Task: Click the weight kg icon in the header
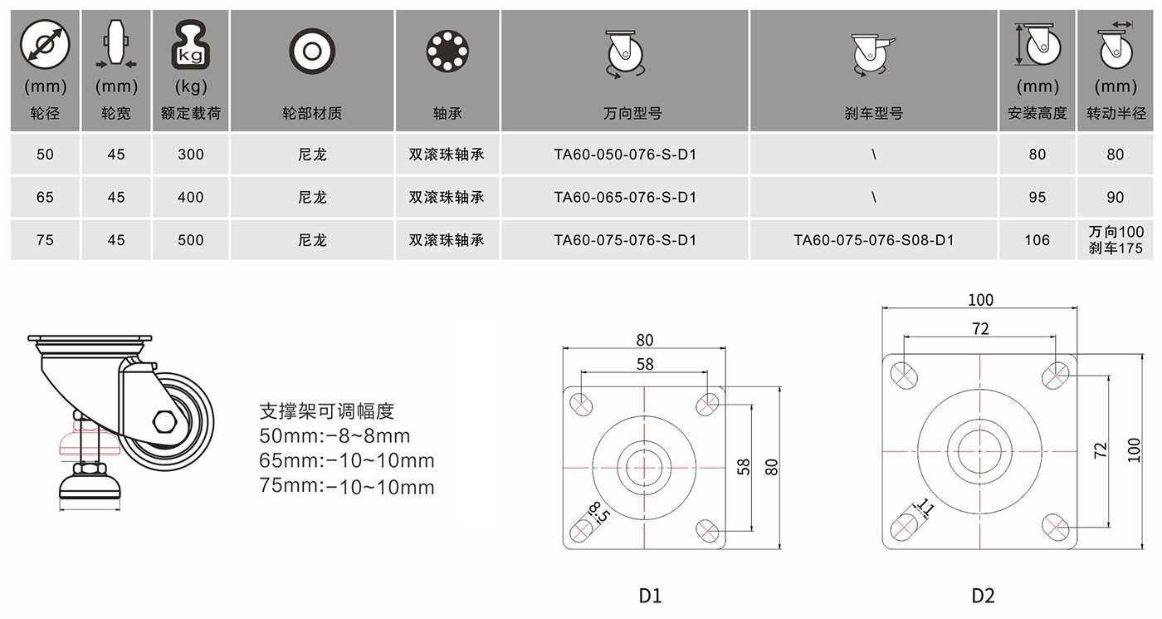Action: coord(190,45)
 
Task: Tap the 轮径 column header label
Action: coord(45,113)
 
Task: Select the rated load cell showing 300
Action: coord(190,155)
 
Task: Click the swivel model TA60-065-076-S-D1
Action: coord(624,198)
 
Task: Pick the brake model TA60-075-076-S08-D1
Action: coord(873,240)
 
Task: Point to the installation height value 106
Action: coord(1037,240)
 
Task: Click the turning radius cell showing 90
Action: coord(1116,198)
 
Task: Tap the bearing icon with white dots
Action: coord(447,51)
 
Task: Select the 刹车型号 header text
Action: coord(873,113)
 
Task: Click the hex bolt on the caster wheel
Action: coord(165,421)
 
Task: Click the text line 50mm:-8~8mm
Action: coord(334,435)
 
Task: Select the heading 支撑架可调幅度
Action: coord(327,411)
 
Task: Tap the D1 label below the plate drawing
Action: coord(650,596)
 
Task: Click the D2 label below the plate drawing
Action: coord(983,596)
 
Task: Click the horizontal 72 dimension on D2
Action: coord(980,329)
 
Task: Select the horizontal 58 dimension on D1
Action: coord(645,364)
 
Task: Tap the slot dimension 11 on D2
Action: coord(926,508)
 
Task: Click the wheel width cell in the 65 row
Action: coord(116,198)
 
